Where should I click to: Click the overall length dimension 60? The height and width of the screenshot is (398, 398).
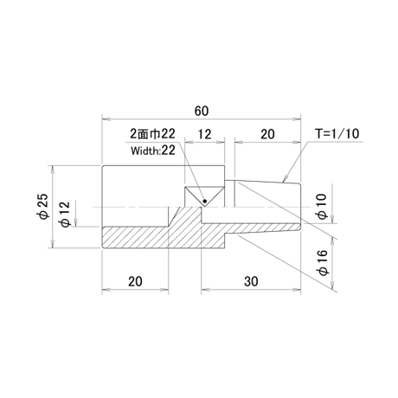coord(202,111)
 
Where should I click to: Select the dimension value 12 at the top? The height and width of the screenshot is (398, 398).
coord(204,134)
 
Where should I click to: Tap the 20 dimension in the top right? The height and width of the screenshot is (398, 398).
coord(267,134)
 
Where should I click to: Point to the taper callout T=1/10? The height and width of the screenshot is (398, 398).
coord(337,133)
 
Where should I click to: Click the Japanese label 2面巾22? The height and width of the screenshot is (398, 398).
coord(152,134)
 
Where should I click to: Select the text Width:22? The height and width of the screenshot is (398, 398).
coord(153,151)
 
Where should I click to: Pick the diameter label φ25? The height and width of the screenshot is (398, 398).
coord(44,206)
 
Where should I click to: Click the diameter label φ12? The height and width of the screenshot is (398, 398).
coord(64,214)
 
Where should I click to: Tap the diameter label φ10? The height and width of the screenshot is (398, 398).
coord(322,207)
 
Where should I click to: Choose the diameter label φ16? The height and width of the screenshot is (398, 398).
coord(322,262)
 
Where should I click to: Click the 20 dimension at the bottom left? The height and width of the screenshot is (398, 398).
coord(135,281)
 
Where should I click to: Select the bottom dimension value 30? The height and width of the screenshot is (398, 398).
coord(251,281)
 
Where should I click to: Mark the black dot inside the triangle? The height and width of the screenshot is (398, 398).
coord(205,201)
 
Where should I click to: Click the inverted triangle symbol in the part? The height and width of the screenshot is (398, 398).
coord(204,196)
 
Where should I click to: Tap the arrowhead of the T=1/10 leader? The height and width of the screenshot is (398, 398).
coord(286,179)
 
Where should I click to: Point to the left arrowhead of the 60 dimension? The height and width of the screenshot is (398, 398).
coord(106,119)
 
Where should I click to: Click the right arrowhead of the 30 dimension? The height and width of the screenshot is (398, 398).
coord(297,289)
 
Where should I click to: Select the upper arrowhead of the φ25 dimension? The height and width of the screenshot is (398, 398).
coord(52,170)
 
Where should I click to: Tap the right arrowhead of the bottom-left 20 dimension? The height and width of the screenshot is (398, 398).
coord(164,289)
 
